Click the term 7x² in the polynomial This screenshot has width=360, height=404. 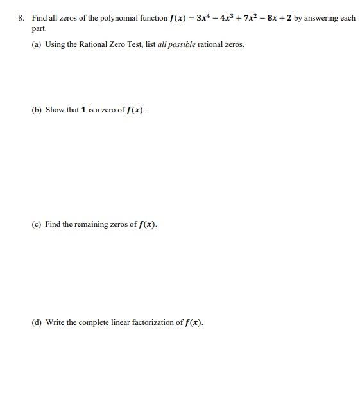click(253, 17)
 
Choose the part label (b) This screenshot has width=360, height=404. click(37, 110)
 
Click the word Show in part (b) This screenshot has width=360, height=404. click(55, 110)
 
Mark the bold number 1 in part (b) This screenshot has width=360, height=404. click(83, 110)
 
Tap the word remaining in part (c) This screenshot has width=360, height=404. click(88, 224)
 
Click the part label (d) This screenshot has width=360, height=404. click(37, 322)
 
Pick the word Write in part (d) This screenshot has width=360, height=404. click(55, 322)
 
